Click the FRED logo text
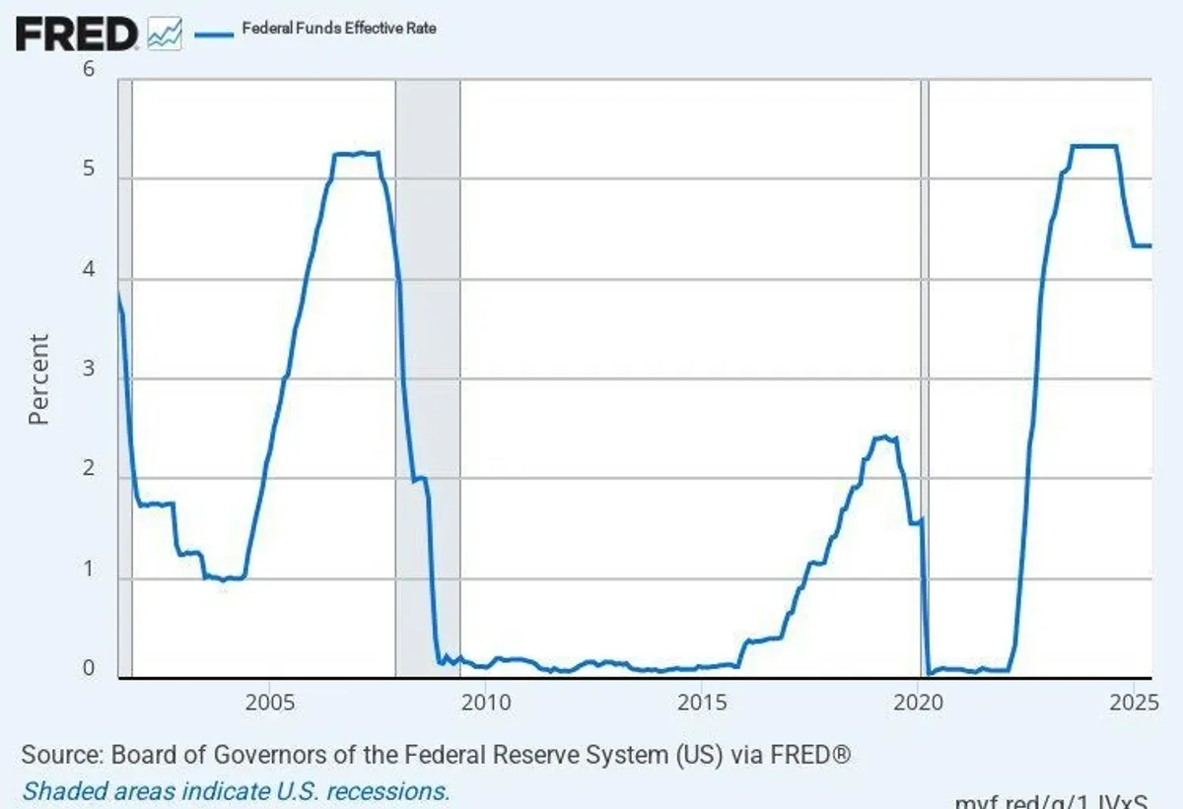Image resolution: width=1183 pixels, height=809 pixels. click(77, 34)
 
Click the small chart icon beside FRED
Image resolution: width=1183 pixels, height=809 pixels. click(164, 34)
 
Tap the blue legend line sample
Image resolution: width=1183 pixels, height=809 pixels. click(212, 32)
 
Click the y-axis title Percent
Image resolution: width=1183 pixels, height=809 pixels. click(38, 379)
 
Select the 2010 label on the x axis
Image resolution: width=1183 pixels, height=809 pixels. click(485, 703)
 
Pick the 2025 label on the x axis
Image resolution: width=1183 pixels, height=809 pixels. click(1132, 703)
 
